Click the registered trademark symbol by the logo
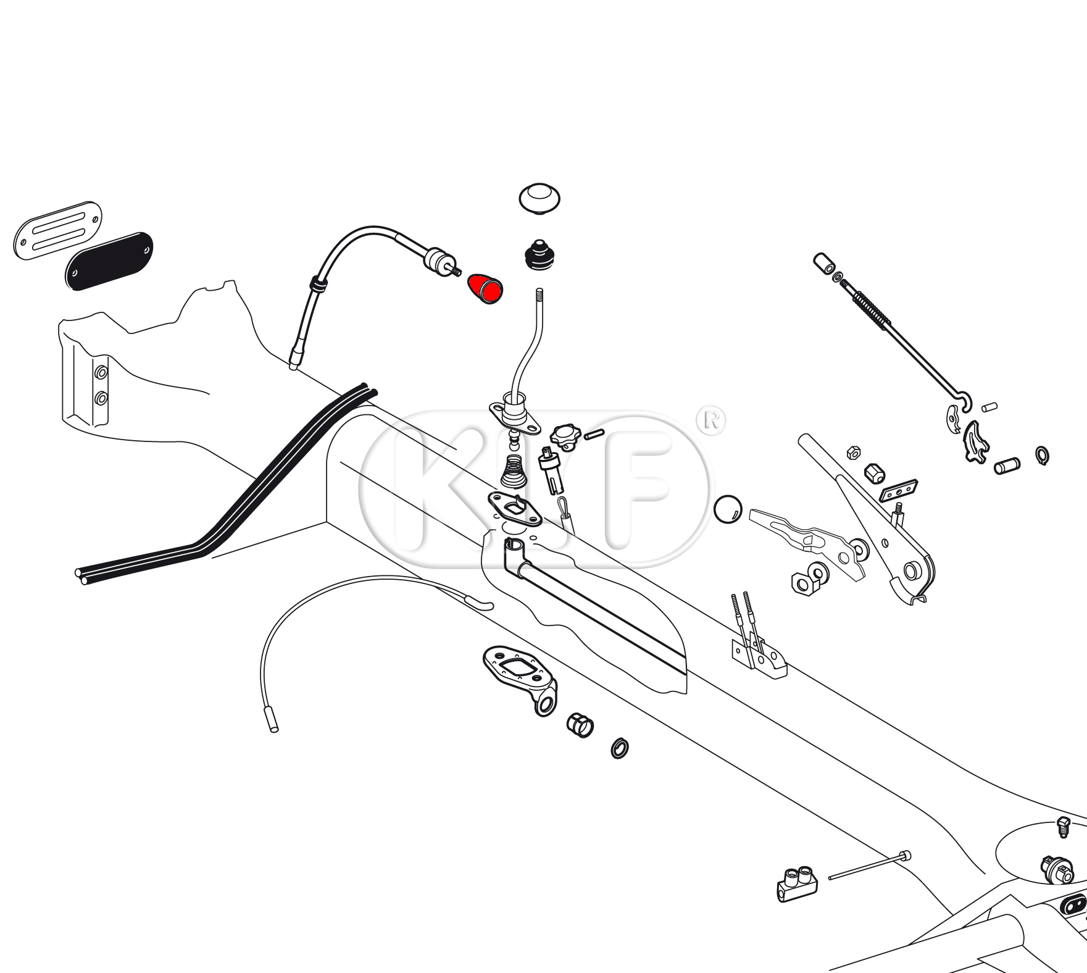click(x=710, y=420)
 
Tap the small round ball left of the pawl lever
click(x=728, y=509)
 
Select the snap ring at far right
click(x=1042, y=456)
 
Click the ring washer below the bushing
click(x=620, y=748)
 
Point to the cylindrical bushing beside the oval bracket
click(x=580, y=724)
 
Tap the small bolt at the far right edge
click(x=1062, y=826)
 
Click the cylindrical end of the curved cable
click(x=272, y=719)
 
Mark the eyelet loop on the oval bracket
click(x=544, y=703)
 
